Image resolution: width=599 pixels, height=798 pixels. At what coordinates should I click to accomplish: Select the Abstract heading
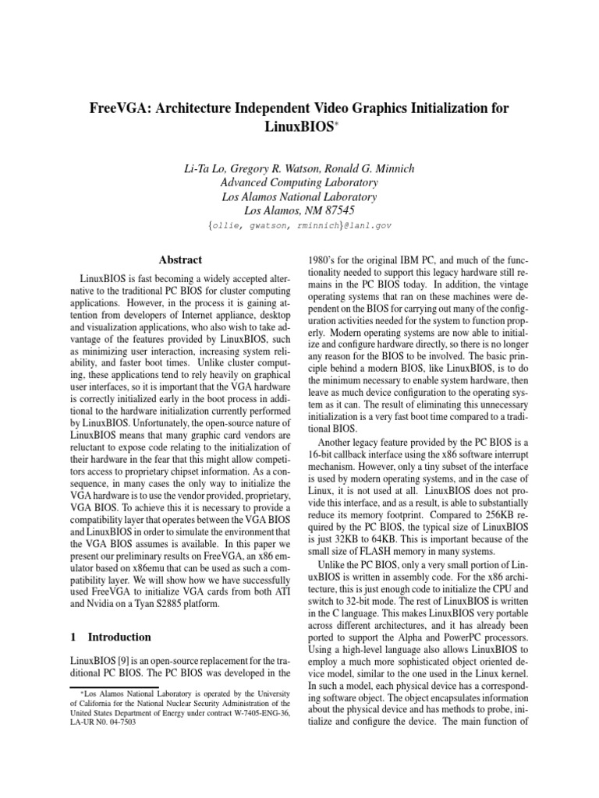tap(180, 260)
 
